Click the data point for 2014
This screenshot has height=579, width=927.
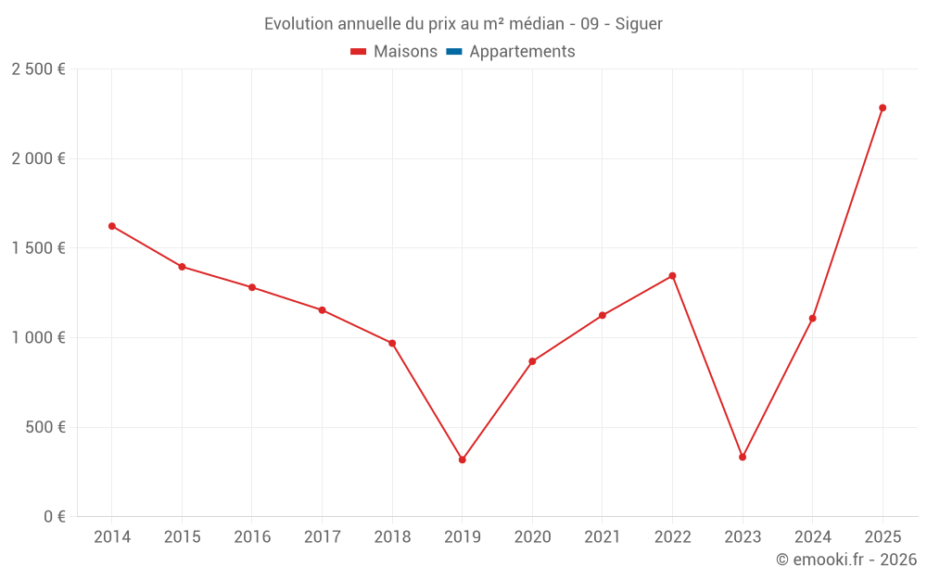coord(112,226)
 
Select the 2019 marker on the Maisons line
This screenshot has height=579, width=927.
coord(463,459)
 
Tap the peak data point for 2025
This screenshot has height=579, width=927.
coord(883,107)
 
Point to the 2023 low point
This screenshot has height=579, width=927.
coord(743,457)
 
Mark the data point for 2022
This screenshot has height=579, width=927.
coord(672,275)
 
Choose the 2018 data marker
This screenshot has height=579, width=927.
coord(392,344)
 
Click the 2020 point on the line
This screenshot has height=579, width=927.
coord(532,361)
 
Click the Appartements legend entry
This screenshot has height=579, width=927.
coord(522,52)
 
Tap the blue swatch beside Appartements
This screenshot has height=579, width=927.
coord(454,52)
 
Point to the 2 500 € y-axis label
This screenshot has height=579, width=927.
coord(38,69)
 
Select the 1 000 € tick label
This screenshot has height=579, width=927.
coord(38,338)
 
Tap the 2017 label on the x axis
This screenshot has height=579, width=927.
coord(322,537)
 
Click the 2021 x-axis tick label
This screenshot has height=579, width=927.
coord(603,537)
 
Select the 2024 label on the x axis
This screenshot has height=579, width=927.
coord(813,537)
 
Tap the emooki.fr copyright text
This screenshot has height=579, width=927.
coord(846,560)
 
